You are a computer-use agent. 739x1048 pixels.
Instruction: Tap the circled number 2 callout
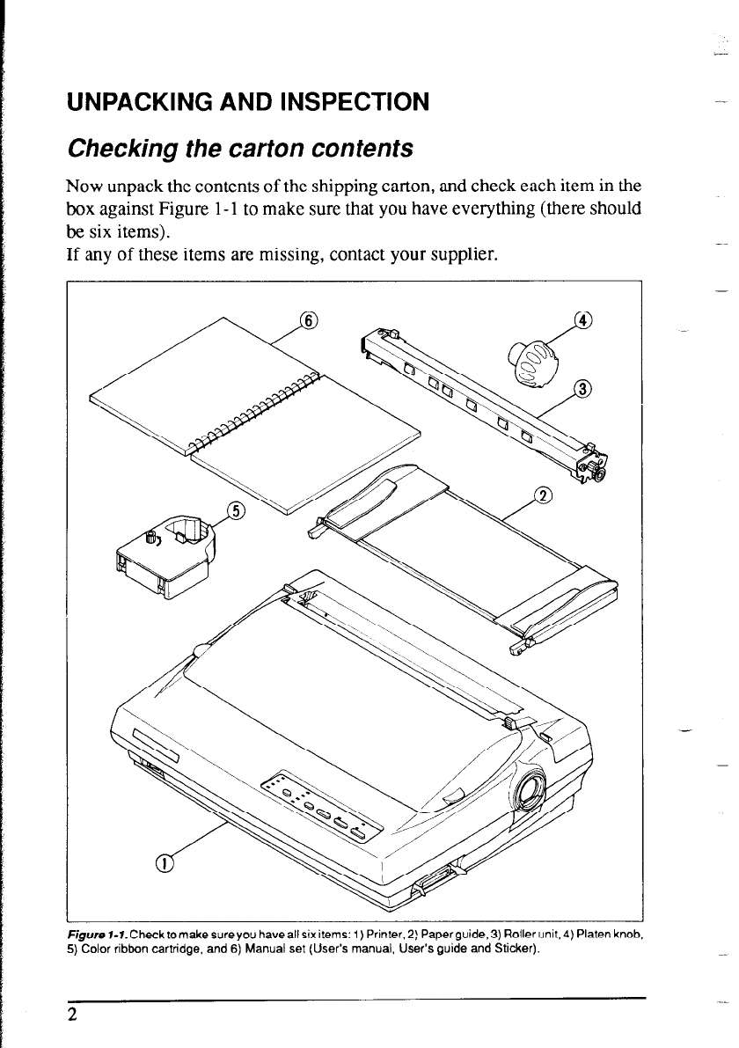click(543, 495)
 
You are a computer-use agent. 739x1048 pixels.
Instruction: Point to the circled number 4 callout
click(582, 319)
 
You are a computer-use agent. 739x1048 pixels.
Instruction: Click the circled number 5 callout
click(235, 511)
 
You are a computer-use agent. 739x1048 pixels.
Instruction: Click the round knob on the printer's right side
click(530, 788)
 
